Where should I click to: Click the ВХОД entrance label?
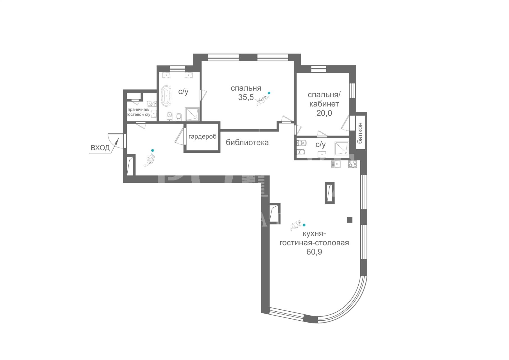[100, 148]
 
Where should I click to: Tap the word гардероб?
[202, 137]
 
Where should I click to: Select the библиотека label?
[247, 143]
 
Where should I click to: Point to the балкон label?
[360, 133]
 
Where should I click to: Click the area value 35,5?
[246, 97]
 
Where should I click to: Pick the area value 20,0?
[324, 113]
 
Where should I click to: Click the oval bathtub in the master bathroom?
[166, 96]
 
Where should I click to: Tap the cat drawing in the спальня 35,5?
[262, 100]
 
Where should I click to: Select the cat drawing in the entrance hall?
[149, 160]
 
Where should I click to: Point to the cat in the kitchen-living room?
[296, 225]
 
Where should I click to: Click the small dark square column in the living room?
[349, 220]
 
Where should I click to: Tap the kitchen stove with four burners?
[352, 164]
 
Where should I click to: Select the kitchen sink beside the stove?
[336, 164]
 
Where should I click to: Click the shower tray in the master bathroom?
[192, 114]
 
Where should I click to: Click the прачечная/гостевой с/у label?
[139, 112]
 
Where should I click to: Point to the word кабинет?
[324, 104]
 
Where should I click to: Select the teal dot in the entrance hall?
[152, 150]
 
